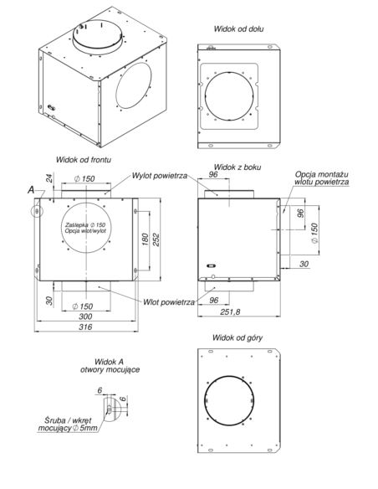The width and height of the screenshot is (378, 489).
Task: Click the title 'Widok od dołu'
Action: point(238,29)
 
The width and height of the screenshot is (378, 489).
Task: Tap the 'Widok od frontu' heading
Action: point(84,160)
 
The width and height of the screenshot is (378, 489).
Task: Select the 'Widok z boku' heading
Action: point(238,167)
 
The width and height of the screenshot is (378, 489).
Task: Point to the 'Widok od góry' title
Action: point(238,337)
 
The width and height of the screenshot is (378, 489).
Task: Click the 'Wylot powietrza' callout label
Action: point(160,176)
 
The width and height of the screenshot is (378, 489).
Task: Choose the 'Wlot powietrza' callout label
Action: point(169,302)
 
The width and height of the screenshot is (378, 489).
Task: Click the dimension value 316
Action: point(85,327)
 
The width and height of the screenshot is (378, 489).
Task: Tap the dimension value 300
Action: point(85,317)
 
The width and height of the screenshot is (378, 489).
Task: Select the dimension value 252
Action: point(156,239)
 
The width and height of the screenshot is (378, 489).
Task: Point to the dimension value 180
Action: point(146,239)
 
